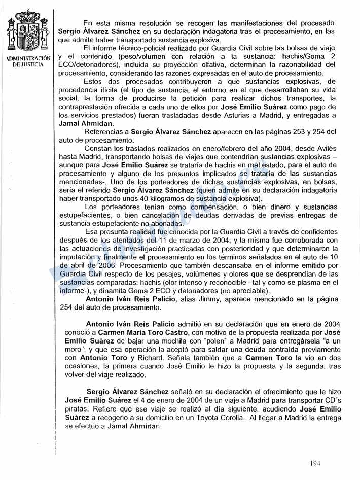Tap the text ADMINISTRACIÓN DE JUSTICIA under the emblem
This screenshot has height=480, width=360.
[x=28, y=61]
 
